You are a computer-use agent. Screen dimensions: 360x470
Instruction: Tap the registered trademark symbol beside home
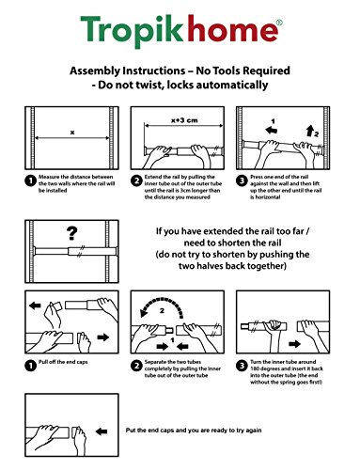pos(279,23)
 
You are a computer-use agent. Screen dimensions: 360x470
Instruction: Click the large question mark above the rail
pos(71,233)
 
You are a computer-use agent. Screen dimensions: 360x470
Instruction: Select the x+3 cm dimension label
pos(184,120)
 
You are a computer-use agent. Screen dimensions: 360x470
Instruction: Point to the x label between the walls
pos(72,133)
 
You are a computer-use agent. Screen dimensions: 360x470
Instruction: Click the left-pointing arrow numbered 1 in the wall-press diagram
pos(271,130)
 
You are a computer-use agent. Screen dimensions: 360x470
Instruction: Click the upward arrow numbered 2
pos(310,131)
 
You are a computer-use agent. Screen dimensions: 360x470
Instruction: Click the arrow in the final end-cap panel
pos(102,431)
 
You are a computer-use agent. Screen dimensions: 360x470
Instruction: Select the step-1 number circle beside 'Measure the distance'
pos(30,180)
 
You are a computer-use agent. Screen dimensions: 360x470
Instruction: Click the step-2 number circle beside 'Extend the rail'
pos(136,180)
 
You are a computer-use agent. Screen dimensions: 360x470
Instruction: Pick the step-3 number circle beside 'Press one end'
pos(242,180)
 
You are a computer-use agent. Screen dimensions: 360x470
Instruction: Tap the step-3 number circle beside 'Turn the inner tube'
pos(242,366)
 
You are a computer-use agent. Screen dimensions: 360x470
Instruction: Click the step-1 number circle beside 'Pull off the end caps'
pos(30,366)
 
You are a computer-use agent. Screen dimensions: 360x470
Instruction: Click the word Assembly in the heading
pos(95,70)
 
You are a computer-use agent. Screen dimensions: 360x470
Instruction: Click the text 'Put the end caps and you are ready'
pos(175,431)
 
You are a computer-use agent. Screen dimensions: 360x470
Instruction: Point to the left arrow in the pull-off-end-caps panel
pos(35,305)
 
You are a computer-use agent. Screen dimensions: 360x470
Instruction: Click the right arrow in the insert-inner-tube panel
pos(294,344)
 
